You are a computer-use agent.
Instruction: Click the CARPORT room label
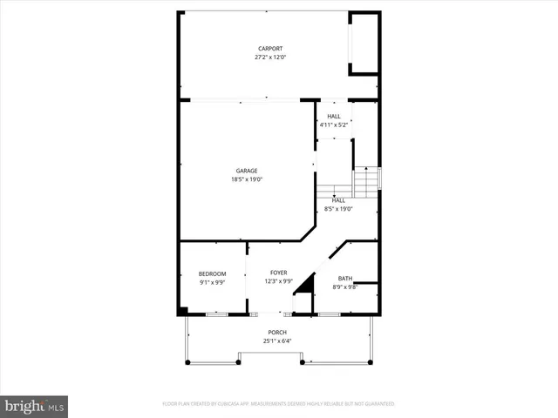pyautogui.click(x=269, y=49)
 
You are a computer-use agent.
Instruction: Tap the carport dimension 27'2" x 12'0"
pyautogui.click(x=269, y=57)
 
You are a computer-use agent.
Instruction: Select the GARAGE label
pyautogui.click(x=247, y=171)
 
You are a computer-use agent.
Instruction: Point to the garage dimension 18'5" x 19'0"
pyautogui.click(x=247, y=179)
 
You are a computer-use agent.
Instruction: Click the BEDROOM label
pyautogui.click(x=213, y=274)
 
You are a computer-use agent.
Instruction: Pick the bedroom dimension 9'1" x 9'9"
pyautogui.click(x=213, y=283)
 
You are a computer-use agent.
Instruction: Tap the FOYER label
pyautogui.click(x=278, y=273)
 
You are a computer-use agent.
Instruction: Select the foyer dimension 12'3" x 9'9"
pyautogui.click(x=278, y=281)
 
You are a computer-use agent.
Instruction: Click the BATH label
pyautogui.click(x=345, y=278)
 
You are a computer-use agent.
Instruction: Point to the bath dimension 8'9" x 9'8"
pyautogui.click(x=345, y=287)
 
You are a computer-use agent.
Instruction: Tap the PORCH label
pyautogui.click(x=277, y=333)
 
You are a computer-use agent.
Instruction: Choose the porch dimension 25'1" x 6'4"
pyautogui.click(x=277, y=341)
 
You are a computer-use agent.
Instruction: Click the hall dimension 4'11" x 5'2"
pyautogui.click(x=334, y=125)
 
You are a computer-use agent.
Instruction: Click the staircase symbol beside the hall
pyautogui.click(x=366, y=181)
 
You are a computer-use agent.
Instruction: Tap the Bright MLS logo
pyautogui.click(x=34, y=405)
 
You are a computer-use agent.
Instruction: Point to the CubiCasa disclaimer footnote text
pyautogui.click(x=279, y=404)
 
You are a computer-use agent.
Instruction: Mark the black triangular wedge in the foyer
pyautogui.click(x=304, y=284)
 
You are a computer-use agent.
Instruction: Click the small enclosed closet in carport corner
pyautogui.click(x=364, y=44)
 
